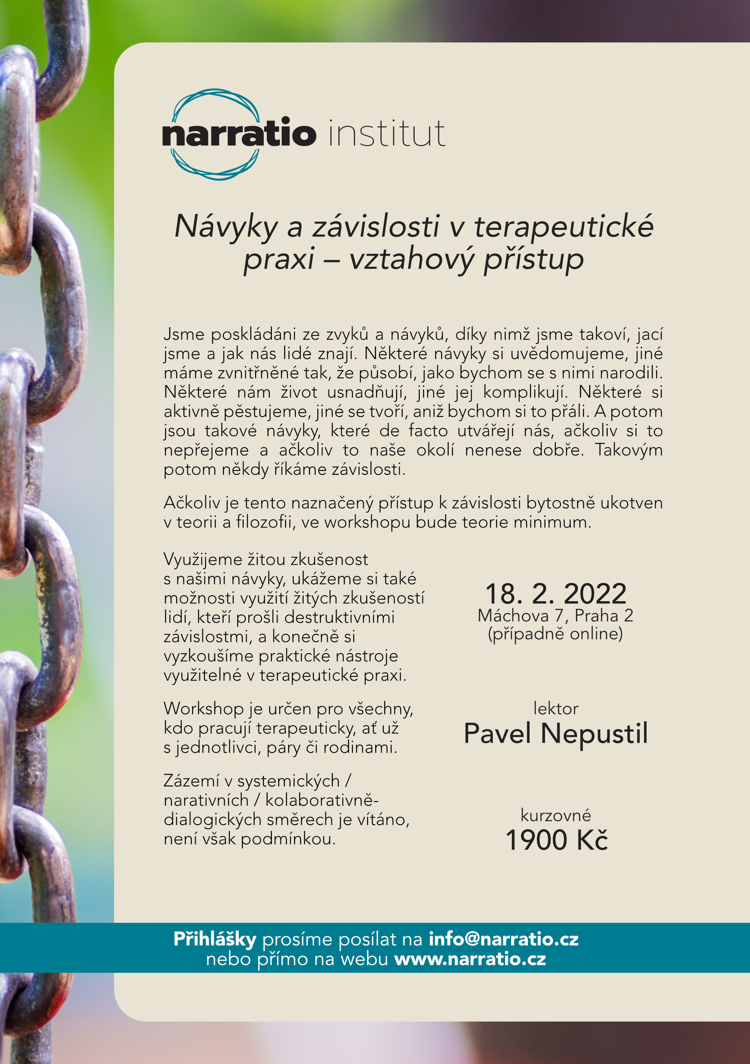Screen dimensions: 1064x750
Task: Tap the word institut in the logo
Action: point(387,133)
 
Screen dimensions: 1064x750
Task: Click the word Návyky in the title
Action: point(226,227)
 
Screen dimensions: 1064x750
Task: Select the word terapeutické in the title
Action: point(564,227)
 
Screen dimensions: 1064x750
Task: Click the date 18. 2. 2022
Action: point(555,594)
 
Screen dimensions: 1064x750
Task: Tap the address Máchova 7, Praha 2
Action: point(555,616)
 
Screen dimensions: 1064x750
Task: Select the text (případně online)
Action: point(555,633)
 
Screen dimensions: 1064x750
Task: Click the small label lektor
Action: point(555,708)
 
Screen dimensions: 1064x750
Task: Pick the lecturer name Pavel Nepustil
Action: point(555,734)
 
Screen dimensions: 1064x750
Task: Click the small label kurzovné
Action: point(555,815)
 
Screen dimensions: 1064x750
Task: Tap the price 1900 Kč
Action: point(556,840)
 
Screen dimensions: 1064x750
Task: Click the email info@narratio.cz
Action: point(503,939)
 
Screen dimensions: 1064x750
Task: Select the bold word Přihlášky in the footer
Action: point(214,939)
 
